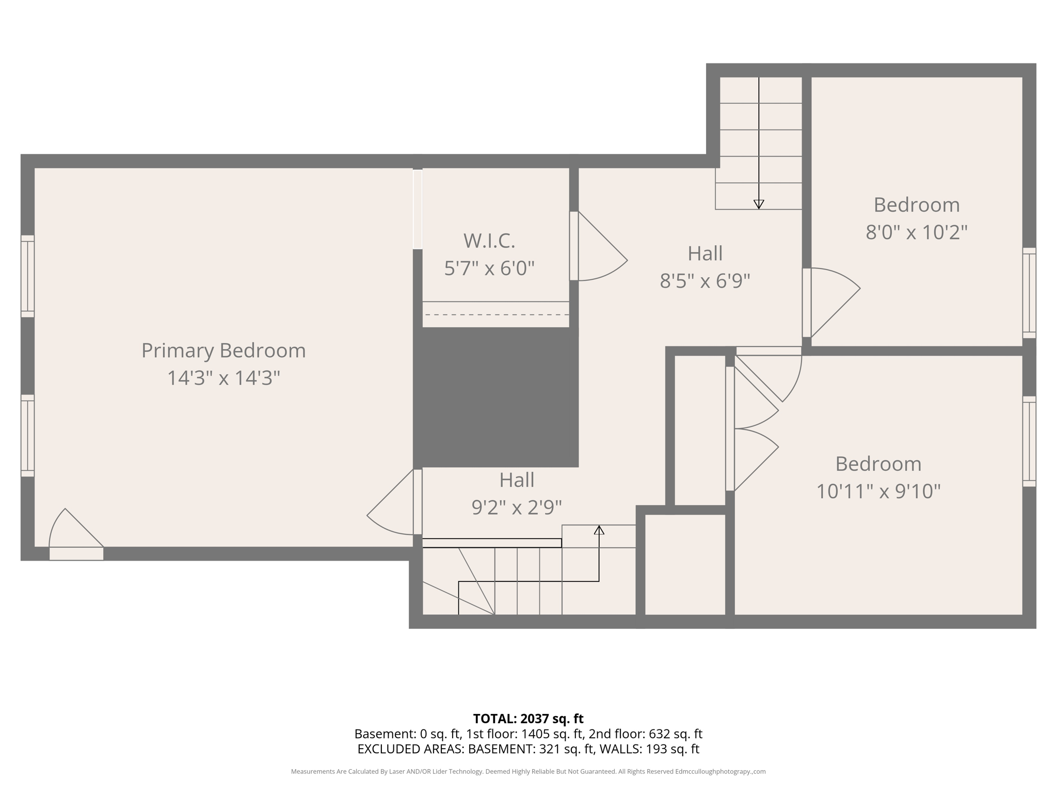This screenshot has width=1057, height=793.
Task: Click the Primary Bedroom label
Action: (223, 351)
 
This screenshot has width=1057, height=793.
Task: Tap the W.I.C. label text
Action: (489, 241)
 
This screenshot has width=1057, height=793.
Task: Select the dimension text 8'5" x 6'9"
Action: (704, 281)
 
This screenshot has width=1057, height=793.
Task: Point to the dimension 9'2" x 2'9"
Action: (517, 507)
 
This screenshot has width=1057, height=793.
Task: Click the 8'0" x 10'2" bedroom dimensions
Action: (916, 232)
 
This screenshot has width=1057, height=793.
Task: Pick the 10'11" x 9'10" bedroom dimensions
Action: (878, 491)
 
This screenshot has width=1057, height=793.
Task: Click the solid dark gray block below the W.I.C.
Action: (496, 397)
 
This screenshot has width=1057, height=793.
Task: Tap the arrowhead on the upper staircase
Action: (759, 204)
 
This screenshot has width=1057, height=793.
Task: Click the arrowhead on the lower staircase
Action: (599, 530)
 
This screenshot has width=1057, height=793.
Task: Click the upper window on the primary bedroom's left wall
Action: (27, 276)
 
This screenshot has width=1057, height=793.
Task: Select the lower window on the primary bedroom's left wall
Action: (27, 436)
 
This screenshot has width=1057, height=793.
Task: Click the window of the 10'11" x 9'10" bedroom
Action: (1029, 441)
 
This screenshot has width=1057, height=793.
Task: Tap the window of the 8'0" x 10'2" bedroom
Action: (1029, 293)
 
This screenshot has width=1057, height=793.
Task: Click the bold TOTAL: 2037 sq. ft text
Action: (528, 719)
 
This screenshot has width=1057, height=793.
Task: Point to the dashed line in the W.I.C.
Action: (496, 314)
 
